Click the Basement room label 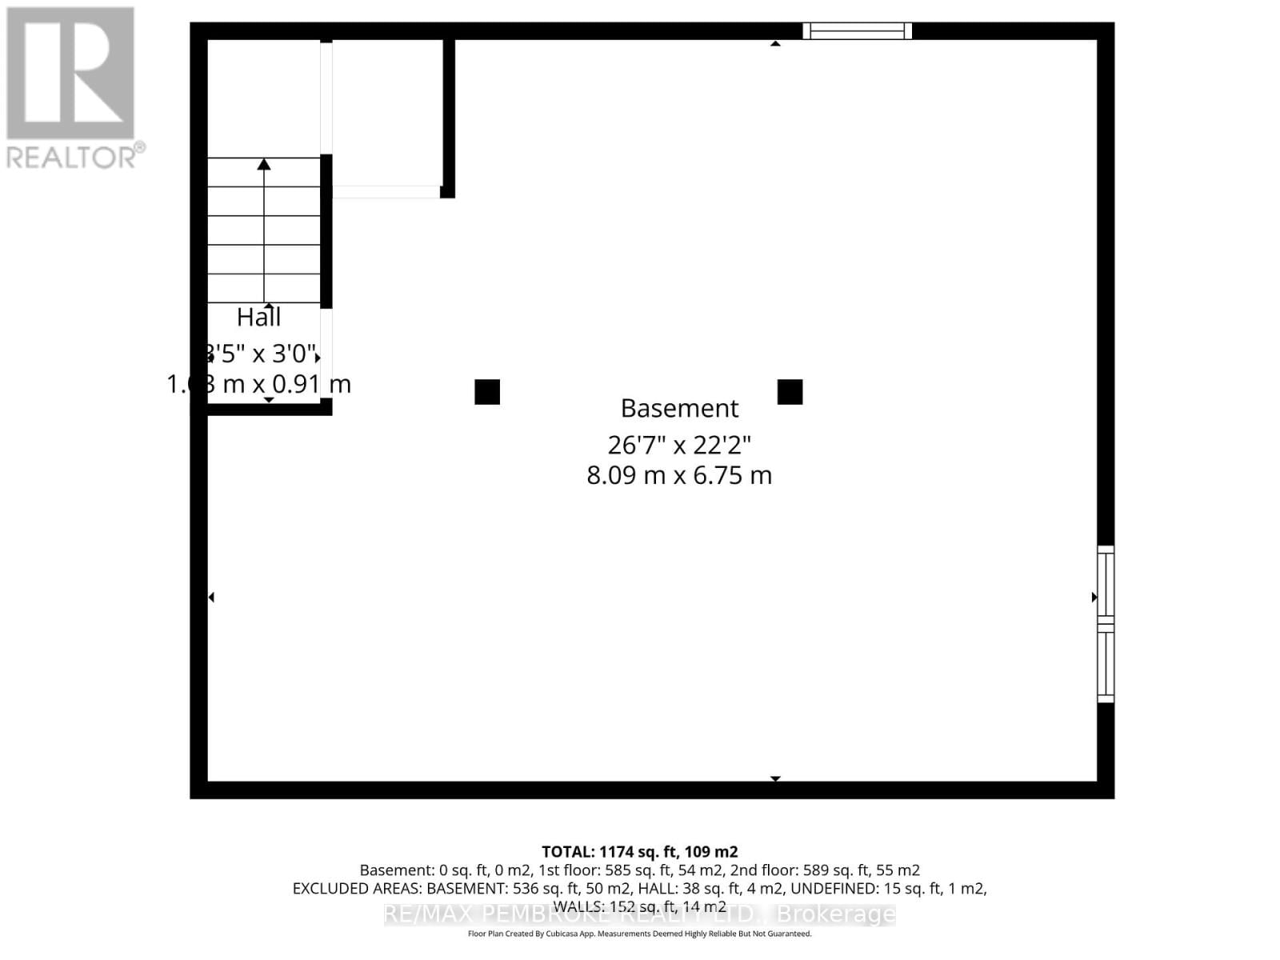click(679, 408)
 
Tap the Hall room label click(258, 318)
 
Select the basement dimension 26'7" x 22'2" click(679, 444)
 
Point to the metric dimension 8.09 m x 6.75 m click(679, 475)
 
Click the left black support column click(487, 392)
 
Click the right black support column click(790, 392)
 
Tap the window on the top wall click(857, 31)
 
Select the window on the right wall click(1105, 624)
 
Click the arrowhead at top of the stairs click(264, 164)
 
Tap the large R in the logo click(70, 74)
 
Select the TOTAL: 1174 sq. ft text click(639, 852)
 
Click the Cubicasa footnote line click(639, 934)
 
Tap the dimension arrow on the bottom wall click(774, 778)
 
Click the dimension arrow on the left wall click(211, 597)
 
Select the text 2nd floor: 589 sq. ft click(824, 870)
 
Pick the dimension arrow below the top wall click(774, 43)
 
